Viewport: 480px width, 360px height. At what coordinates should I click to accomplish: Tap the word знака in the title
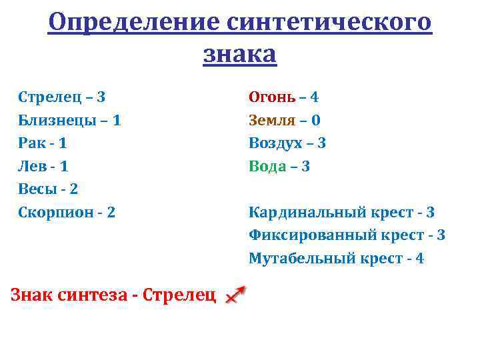click(x=239, y=54)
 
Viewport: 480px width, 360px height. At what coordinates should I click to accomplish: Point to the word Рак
click(x=31, y=143)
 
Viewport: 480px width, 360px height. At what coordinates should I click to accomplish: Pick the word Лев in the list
click(x=31, y=166)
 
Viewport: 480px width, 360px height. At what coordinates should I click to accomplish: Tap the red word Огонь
click(x=271, y=97)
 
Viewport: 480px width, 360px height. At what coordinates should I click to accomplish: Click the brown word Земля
click(x=271, y=120)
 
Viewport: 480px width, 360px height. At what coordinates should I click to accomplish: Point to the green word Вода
click(x=267, y=166)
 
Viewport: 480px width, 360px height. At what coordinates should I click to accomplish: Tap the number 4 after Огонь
click(x=315, y=97)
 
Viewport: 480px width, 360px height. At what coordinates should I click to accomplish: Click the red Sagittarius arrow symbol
click(x=235, y=295)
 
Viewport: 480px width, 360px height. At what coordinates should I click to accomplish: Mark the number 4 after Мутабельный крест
click(x=419, y=258)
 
